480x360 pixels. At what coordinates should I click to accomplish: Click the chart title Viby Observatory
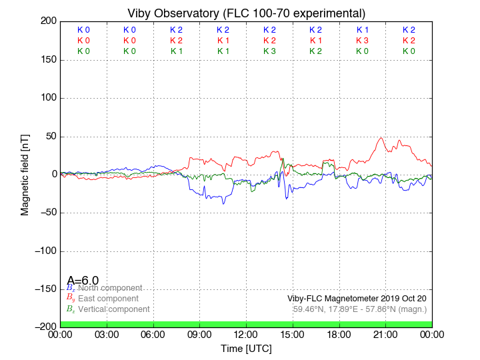pyautogui.click(x=246, y=13)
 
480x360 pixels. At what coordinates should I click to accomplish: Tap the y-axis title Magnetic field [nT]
pyautogui.click(x=25, y=173)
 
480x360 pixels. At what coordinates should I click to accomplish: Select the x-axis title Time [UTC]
pyautogui.click(x=246, y=349)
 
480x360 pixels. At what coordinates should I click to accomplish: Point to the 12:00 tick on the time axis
pyautogui.click(x=246, y=334)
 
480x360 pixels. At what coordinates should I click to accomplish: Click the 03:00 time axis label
pyautogui.click(x=107, y=334)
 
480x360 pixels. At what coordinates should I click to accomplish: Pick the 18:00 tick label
pyautogui.click(x=339, y=334)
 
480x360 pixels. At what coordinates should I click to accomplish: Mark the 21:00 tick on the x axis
pyautogui.click(x=385, y=334)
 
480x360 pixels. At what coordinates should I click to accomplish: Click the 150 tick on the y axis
pyautogui.click(x=47, y=60)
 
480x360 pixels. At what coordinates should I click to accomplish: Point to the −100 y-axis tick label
pyautogui.click(x=43, y=251)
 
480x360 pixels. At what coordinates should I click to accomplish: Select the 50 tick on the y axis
pyautogui.click(x=49, y=137)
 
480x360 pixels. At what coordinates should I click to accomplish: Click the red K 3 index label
pyautogui.click(x=363, y=41)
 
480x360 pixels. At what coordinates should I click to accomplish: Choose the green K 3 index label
pyautogui.click(x=269, y=51)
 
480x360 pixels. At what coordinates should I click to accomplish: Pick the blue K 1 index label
pyautogui.click(x=363, y=30)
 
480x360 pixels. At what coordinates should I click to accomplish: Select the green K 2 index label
pyautogui.click(x=316, y=51)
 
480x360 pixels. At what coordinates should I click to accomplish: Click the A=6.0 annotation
pyautogui.click(x=83, y=281)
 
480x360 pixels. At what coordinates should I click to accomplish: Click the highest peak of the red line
pyautogui.click(x=381, y=138)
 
